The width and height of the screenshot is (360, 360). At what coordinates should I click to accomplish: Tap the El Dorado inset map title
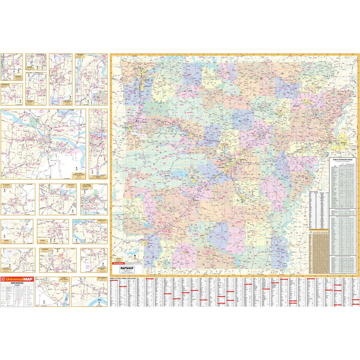click(x=8, y=185)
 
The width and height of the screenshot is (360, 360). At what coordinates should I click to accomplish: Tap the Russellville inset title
click(x=100, y=221)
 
